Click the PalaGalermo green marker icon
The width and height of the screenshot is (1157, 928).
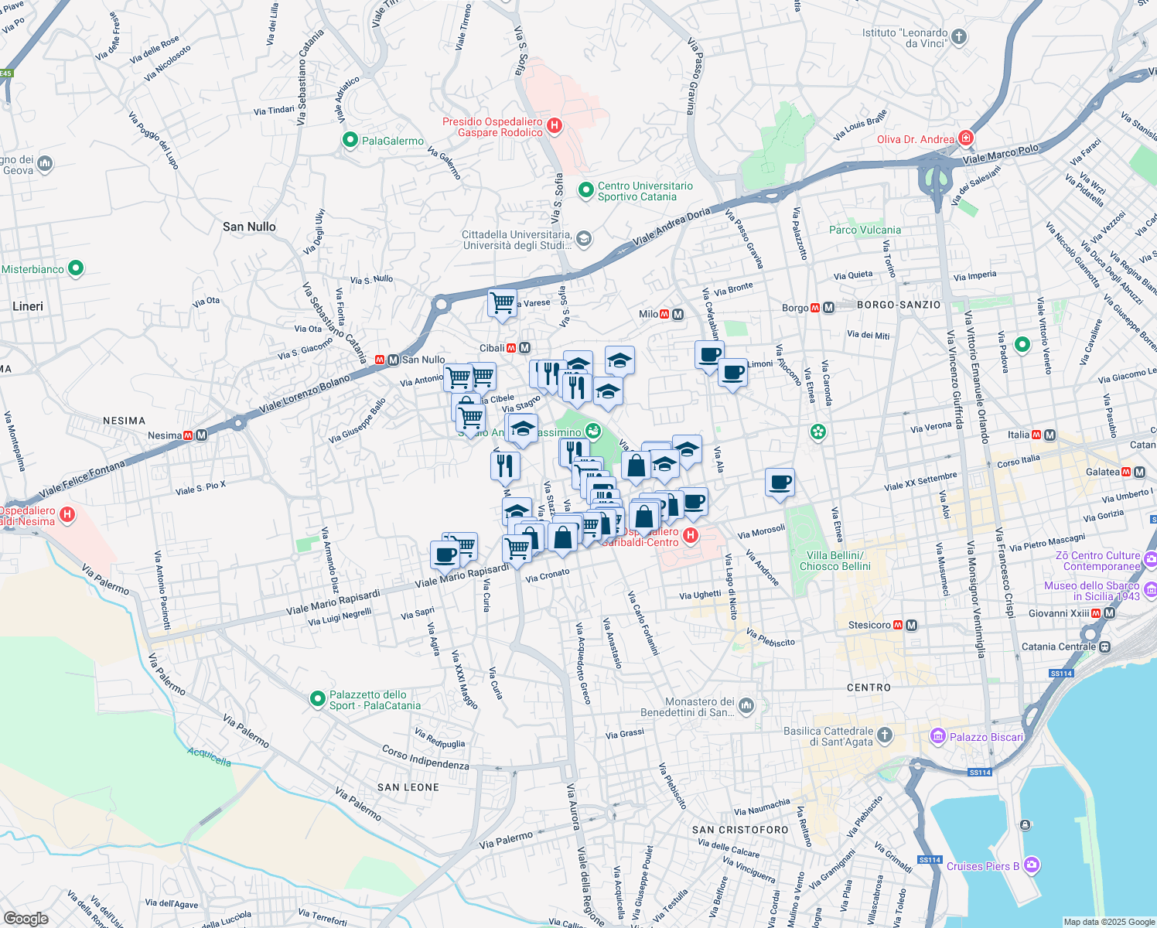[x=350, y=140]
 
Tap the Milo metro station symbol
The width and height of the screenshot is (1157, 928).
[x=678, y=314]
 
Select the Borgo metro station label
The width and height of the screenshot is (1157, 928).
[x=794, y=308]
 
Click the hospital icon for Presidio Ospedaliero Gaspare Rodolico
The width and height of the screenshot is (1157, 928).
[x=554, y=125]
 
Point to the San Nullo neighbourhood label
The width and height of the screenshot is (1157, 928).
[x=249, y=227]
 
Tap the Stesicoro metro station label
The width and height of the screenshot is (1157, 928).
[x=869, y=625]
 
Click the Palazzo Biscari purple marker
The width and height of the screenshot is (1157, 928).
[x=938, y=736]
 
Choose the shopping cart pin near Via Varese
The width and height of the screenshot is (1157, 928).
[x=502, y=302]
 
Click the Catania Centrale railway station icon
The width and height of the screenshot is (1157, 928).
[x=1105, y=647]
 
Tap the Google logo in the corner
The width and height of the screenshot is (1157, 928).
[x=26, y=918]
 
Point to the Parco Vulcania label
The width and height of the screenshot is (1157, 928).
[x=865, y=230]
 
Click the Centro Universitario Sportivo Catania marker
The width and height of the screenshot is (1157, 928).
[x=586, y=189]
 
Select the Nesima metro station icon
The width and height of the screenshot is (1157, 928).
[x=202, y=435]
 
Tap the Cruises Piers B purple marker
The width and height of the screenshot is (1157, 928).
[x=1031, y=865]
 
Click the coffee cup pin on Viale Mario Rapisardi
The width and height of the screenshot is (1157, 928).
[x=445, y=554]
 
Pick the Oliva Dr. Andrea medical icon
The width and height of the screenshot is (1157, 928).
[x=965, y=138]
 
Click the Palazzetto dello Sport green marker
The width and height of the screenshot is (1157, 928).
[x=317, y=699]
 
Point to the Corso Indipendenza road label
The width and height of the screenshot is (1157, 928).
[x=425, y=758]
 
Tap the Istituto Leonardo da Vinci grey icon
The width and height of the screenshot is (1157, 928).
[x=959, y=37]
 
